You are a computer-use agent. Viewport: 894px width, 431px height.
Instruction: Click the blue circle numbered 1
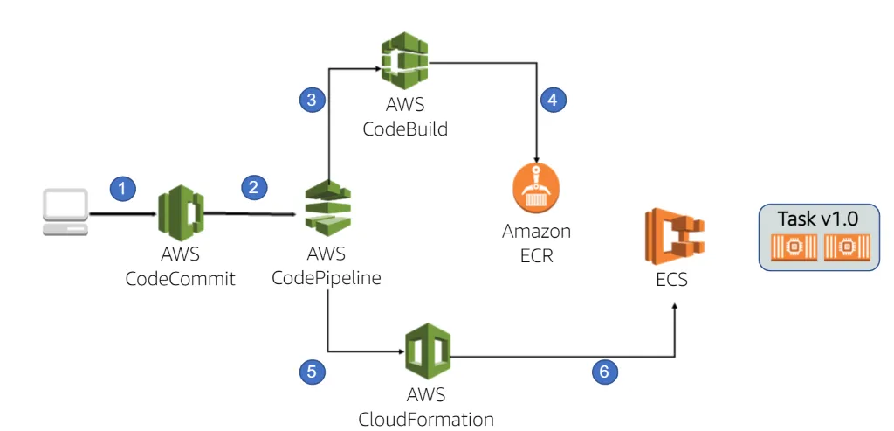click(x=123, y=187)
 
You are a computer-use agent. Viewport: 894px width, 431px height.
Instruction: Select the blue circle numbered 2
click(x=254, y=186)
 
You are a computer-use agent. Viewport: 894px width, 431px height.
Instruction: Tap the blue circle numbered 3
click(x=312, y=100)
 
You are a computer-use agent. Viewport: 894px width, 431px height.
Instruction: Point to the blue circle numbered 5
click(x=312, y=372)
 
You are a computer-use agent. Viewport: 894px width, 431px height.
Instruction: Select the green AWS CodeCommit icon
click(x=180, y=212)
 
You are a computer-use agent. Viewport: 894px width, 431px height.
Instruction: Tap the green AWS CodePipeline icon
click(x=326, y=211)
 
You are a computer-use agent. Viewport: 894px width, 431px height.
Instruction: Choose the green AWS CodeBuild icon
click(x=404, y=58)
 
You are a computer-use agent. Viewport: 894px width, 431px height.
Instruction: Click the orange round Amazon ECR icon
click(x=535, y=187)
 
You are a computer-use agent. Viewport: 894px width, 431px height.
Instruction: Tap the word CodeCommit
click(x=180, y=279)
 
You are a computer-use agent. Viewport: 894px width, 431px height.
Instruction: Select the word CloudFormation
click(x=426, y=418)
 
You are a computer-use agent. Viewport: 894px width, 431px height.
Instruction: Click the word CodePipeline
click(x=326, y=278)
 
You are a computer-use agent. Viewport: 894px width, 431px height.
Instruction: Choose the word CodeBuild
click(x=404, y=129)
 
